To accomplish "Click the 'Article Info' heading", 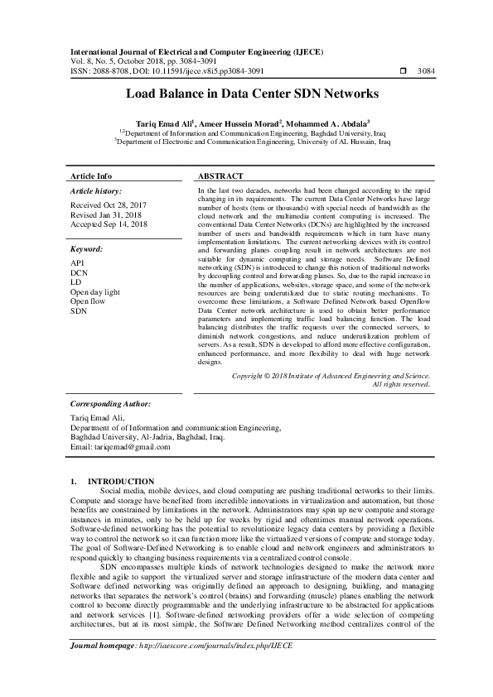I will point(91,176).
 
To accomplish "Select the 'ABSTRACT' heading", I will point(220,176).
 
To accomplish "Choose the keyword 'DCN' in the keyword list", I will point(79,272).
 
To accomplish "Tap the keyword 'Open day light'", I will point(95,292).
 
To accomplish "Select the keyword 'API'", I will point(77,262).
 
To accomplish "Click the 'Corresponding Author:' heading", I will point(111,404).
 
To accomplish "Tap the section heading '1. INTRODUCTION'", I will point(113,481).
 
